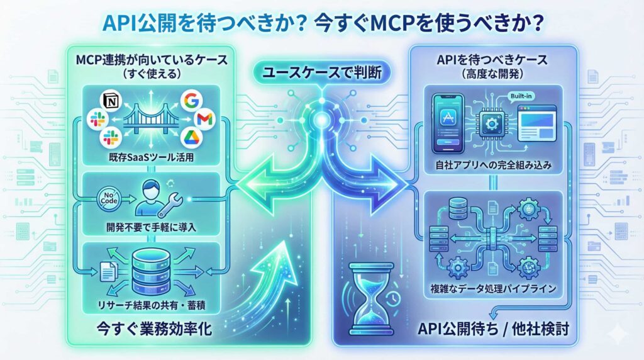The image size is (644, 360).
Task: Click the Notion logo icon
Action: [111, 99]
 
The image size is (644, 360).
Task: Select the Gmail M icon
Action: [204, 119]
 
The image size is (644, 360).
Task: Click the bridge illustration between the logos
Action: [150, 120]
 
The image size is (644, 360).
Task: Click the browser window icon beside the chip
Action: [536, 123]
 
